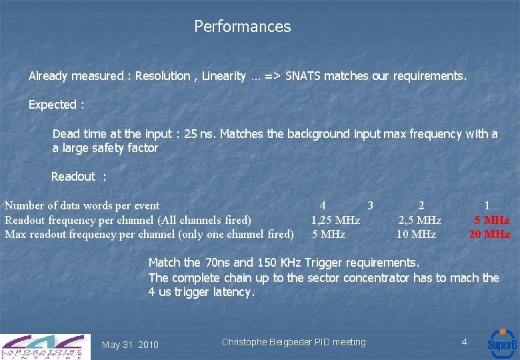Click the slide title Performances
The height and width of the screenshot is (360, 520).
point(242,27)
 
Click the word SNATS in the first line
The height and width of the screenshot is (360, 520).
point(305,76)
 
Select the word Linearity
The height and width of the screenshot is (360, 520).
point(223,76)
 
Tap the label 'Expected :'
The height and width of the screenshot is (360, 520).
point(57,105)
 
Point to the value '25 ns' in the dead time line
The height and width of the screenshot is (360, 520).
point(200,134)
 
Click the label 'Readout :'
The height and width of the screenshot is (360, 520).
point(79,177)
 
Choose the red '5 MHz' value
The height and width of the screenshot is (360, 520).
point(491,220)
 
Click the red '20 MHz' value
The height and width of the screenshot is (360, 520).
point(489,234)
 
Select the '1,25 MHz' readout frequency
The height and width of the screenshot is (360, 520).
point(335,220)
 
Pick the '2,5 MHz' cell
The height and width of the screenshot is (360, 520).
point(420,220)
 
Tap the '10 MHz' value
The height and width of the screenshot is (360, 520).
point(416,234)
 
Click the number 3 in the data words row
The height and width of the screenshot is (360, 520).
point(370,205)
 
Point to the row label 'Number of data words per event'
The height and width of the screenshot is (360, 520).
point(82,205)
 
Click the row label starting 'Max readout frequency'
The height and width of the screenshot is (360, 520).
point(149,234)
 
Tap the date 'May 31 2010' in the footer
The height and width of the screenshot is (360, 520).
point(130,345)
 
